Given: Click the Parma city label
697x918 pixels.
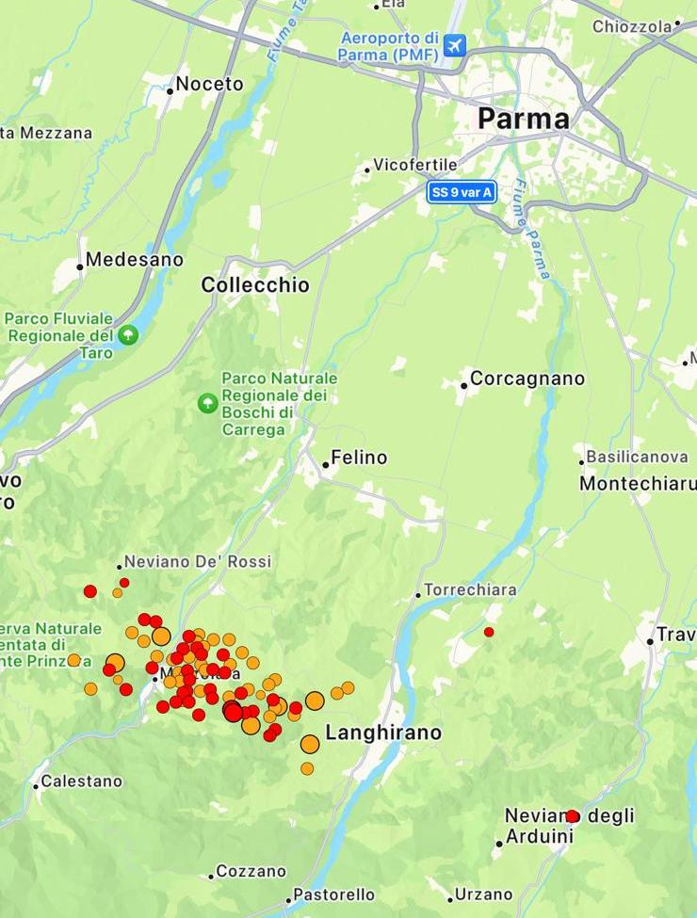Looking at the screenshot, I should pyautogui.click(x=523, y=119).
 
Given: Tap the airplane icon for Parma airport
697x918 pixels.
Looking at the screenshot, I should pyautogui.click(x=455, y=44).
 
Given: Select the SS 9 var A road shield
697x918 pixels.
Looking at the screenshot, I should pyautogui.click(x=462, y=192).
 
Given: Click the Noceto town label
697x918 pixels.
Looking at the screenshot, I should pyautogui.click(x=209, y=84).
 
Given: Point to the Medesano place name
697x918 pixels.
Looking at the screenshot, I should pyautogui.click(x=135, y=259).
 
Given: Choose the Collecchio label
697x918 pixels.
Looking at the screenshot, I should pyautogui.click(x=255, y=285).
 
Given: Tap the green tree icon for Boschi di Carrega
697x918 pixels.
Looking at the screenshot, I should pyautogui.click(x=207, y=403).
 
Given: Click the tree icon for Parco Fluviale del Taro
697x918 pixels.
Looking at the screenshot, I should pyautogui.click(x=127, y=334).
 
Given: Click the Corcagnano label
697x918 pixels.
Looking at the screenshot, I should pyautogui.click(x=527, y=378).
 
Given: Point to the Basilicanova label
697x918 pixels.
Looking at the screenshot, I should pyautogui.click(x=637, y=457).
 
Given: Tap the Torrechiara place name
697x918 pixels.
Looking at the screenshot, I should pyautogui.click(x=470, y=590).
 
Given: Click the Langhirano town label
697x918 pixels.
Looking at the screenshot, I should pyautogui.click(x=382, y=733).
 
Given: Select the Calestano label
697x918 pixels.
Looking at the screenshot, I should pyautogui.click(x=81, y=781).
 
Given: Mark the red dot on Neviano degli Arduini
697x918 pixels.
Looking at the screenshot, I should pyautogui.click(x=572, y=816).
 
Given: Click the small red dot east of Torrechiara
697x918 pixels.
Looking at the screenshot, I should pyautogui.click(x=489, y=632).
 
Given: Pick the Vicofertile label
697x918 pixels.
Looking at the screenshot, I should pyautogui.click(x=414, y=165).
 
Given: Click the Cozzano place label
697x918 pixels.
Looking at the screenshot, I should pyautogui.click(x=251, y=872).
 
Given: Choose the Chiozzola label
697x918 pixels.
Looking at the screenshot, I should pyautogui.click(x=631, y=26).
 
